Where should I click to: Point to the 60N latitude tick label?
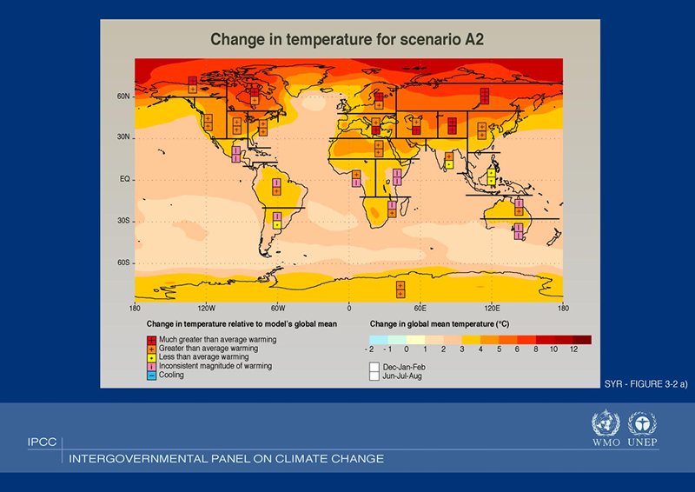point(124,96)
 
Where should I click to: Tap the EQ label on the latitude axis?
point(124,179)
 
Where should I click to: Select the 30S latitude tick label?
point(124,221)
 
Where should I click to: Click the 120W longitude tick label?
point(206,308)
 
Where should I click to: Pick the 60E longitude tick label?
point(420,308)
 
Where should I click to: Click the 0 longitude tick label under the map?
point(349,308)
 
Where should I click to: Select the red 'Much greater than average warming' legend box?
point(152,339)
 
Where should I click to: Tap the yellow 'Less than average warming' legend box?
point(152,357)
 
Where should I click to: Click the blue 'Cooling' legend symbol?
point(152,376)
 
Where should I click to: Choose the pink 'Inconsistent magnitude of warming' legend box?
point(152,366)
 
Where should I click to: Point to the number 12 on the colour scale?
point(573,349)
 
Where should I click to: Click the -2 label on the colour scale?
point(370,349)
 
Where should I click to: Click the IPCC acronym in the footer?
point(42,442)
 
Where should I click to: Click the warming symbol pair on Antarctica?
point(400,289)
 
